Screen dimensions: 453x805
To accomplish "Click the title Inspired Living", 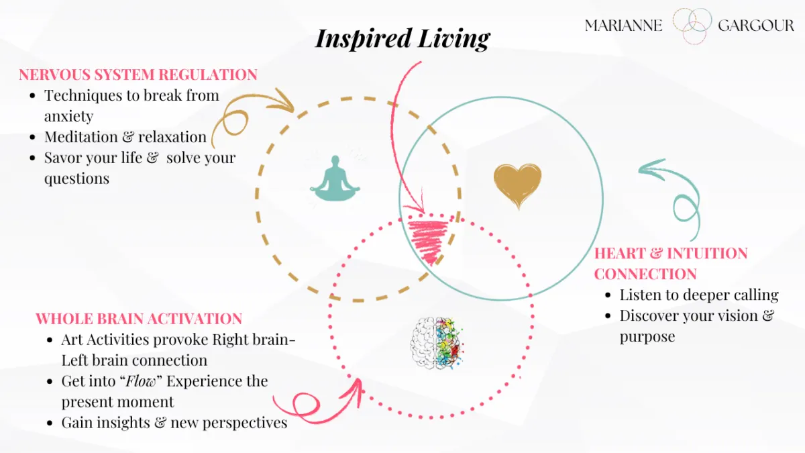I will coord(402,38).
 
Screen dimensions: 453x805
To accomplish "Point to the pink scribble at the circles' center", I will coord(427,240).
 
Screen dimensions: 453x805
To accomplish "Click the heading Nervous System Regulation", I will coord(138,74).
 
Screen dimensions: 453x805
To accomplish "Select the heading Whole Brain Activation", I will coord(139,318).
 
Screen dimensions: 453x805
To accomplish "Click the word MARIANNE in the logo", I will coord(623,26).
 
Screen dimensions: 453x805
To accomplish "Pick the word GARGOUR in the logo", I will coord(755,26).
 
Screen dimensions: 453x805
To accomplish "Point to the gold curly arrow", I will coord(248,114).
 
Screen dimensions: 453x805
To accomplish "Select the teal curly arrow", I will coord(674,191).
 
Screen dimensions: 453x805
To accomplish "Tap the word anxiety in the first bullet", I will coord(68,116).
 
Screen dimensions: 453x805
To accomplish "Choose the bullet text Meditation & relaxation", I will coord(125,137).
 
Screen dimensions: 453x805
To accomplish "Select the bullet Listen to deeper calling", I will coord(699,295).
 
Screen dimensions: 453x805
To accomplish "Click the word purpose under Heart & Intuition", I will coord(647,336).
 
